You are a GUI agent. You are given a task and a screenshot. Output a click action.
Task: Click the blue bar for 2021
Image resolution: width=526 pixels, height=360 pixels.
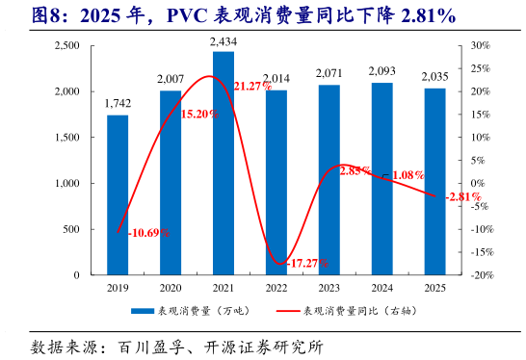[224, 164]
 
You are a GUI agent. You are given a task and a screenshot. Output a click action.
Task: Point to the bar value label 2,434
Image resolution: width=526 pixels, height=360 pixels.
[224, 43]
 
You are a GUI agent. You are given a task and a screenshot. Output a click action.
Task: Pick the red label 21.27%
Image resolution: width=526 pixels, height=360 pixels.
[252, 87]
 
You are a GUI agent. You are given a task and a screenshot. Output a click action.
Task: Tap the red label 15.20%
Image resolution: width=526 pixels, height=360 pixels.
[199, 114]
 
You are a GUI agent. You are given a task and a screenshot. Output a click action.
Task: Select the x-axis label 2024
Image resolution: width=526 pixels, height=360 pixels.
[381, 287]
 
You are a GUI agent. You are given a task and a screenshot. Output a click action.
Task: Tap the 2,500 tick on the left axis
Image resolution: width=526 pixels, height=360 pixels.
[66, 45]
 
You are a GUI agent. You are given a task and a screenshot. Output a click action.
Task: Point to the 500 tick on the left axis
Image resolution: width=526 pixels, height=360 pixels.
[70, 229]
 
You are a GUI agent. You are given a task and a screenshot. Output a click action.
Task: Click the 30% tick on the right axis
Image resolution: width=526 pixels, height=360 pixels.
[482, 45]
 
